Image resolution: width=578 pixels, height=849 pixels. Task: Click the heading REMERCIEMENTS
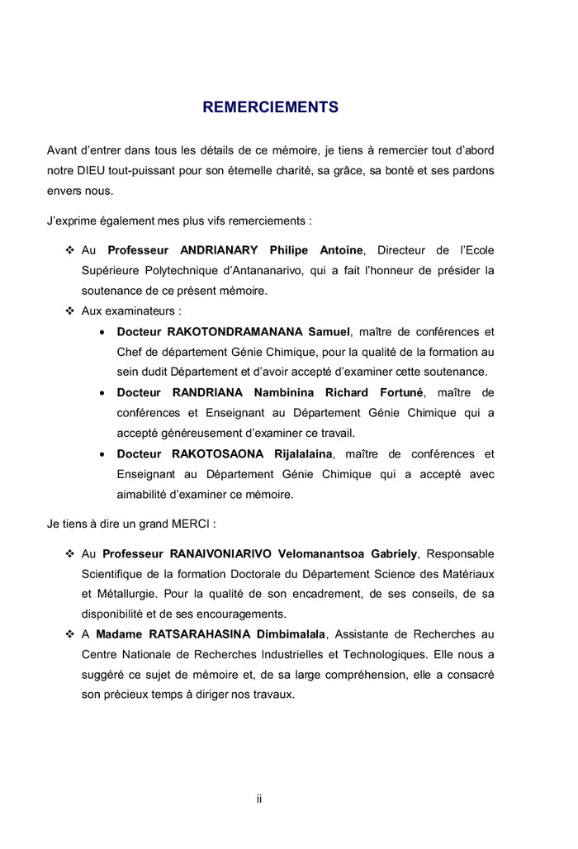[270, 107]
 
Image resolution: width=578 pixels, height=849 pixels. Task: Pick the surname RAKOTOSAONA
[218, 453]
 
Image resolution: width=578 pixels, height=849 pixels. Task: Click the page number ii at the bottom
[259, 799]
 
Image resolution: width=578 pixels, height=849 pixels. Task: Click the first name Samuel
[329, 332]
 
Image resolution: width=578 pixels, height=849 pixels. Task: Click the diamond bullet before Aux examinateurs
[69, 311]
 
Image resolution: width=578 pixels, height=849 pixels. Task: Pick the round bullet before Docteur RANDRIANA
[101, 393]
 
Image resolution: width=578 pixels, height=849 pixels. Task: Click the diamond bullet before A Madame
[69, 634]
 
